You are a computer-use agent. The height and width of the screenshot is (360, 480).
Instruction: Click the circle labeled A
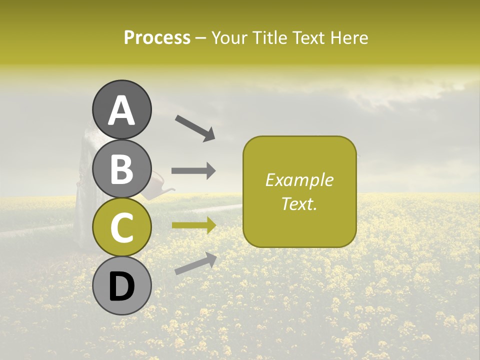coord(122,109)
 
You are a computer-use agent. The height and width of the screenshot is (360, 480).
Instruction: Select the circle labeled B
coord(122,168)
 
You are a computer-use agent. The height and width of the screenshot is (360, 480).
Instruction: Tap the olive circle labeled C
coord(122,227)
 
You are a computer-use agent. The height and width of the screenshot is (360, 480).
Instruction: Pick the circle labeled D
coord(122,286)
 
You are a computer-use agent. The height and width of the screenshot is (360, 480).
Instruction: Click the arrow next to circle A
coord(195,127)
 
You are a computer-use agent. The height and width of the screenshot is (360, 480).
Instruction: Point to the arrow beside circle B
coord(193,170)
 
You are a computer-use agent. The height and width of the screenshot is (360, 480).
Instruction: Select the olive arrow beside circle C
coord(193,225)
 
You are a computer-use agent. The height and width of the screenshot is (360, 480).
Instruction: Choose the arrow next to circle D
coord(195,263)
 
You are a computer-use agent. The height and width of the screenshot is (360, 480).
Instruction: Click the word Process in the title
coord(157,37)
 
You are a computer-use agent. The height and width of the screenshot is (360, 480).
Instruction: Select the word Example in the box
coord(299,180)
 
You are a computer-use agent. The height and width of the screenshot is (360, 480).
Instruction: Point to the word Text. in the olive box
coord(299,203)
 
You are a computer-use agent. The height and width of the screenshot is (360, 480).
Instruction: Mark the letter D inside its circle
coord(122,286)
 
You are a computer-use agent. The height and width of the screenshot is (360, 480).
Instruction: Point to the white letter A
coord(122,110)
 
